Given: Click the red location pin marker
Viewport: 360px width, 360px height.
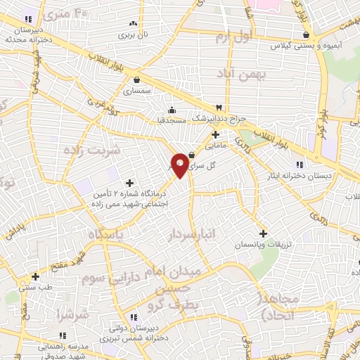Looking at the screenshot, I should (180, 165).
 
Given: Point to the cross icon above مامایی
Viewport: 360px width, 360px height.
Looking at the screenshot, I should (215, 134).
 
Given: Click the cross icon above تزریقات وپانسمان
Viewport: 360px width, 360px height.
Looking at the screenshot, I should (263, 233).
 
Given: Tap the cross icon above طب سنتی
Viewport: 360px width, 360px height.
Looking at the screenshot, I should (35, 276).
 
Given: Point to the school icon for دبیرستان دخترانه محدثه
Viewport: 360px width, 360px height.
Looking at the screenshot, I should (28, 19).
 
